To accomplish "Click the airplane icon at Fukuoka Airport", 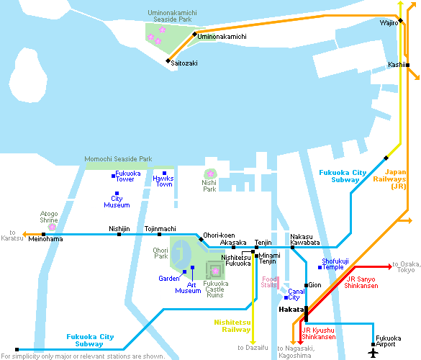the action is [x=373, y=353].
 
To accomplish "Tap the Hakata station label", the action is [x=291, y=310].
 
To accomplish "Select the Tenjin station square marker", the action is [x=256, y=248].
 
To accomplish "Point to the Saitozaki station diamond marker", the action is [x=168, y=61].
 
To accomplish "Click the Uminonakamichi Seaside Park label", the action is [x=173, y=16].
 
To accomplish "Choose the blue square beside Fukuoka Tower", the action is [x=113, y=176].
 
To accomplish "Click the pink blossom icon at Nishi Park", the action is [x=210, y=174].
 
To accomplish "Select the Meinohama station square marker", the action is [x=43, y=235].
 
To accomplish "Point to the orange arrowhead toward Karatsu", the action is [x=24, y=235].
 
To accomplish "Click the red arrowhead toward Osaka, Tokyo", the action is [x=390, y=267].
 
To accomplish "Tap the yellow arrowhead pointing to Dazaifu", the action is [x=253, y=343].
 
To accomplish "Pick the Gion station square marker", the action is [x=306, y=285].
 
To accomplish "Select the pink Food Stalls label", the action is [x=268, y=282].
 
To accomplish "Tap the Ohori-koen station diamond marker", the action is [x=201, y=239].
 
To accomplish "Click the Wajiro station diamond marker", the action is [x=401, y=20].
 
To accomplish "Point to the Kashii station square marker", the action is [x=407, y=65].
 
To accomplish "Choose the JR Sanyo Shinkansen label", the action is [x=361, y=282].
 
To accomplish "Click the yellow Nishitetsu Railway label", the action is [x=232, y=326].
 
